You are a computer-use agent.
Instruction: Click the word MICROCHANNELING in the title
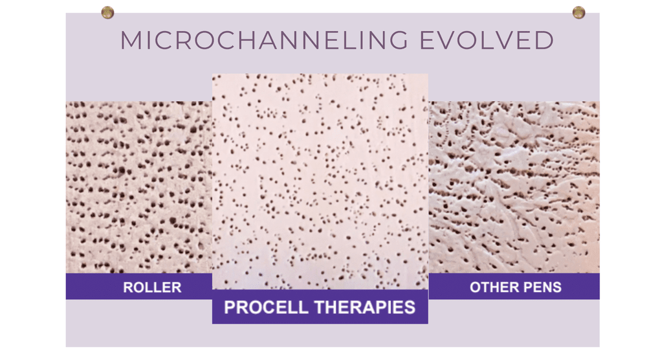[264, 41]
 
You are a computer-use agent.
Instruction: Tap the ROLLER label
[152, 287]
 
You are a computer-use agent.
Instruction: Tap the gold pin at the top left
[107, 12]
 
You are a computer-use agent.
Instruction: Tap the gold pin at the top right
[578, 12]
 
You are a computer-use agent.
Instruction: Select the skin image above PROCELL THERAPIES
[320, 181]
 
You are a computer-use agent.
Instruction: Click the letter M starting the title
[131, 41]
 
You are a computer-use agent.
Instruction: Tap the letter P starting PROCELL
[230, 307]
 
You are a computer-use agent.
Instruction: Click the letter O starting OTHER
[475, 287]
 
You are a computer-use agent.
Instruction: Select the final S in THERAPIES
[409, 307]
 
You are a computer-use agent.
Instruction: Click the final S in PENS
[557, 287]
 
